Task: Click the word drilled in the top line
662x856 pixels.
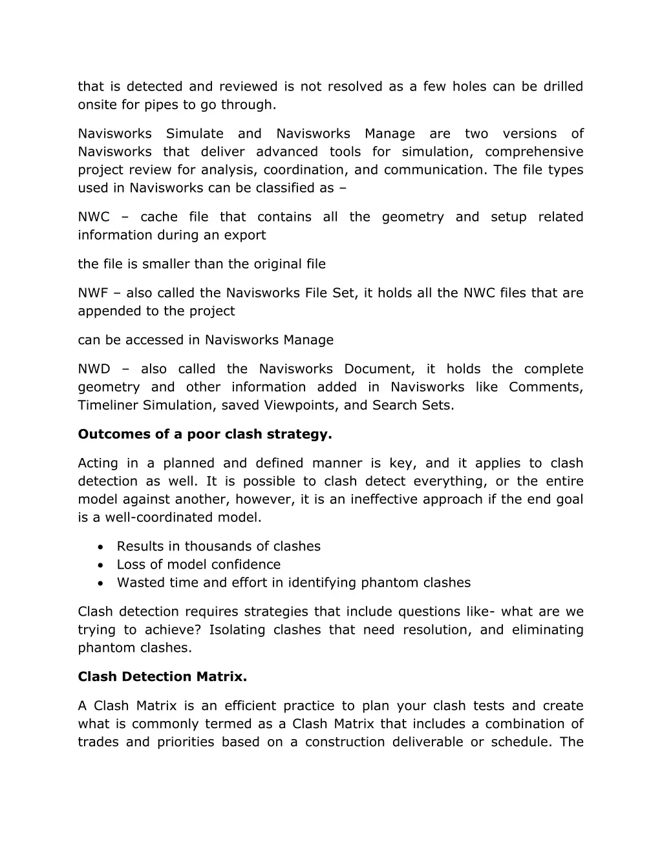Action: click(562, 87)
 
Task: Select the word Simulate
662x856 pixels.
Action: click(195, 134)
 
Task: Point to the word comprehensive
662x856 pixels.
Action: click(534, 152)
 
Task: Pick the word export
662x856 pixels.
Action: click(245, 235)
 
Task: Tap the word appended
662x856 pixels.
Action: click(105, 311)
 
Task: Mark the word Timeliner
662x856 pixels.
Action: click(107, 406)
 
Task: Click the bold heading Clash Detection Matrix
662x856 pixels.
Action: click(162, 677)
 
